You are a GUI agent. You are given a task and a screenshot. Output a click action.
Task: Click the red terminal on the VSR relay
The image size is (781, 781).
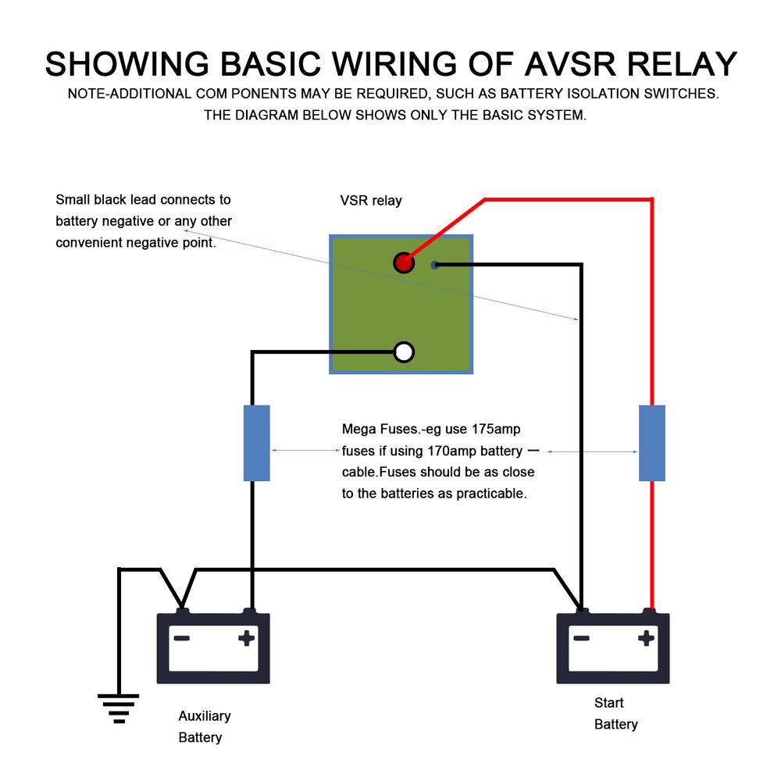403,263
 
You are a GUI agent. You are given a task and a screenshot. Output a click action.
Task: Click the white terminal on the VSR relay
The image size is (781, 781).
403,352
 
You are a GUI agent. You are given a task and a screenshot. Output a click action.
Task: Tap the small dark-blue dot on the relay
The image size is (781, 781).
435,265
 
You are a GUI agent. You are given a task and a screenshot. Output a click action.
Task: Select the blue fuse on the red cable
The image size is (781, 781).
652,443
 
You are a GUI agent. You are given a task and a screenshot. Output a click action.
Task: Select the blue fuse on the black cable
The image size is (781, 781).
257,443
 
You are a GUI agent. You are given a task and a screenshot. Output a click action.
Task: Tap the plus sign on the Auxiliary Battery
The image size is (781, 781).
247,638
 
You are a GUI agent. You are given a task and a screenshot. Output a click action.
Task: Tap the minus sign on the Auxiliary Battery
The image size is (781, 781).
182,638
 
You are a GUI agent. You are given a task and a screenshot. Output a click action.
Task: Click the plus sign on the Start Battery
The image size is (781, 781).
646,638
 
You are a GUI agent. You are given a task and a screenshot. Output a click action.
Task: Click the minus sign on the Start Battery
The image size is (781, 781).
581,638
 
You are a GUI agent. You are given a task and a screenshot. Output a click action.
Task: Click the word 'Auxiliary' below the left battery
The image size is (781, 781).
205,716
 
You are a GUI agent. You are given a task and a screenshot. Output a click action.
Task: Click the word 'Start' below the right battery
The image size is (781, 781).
609,703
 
